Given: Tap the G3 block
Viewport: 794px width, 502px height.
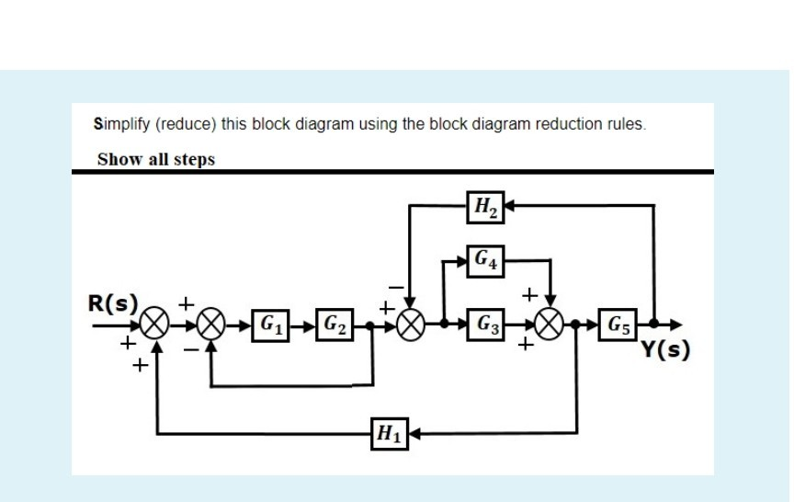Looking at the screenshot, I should pyautogui.click(x=485, y=325).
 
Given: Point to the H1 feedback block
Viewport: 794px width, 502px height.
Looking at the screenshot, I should pyautogui.click(x=387, y=432).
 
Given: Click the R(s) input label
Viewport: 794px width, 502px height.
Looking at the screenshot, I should pyautogui.click(x=113, y=303).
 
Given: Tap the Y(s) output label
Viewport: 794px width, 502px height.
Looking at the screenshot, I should pyautogui.click(x=666, y=350).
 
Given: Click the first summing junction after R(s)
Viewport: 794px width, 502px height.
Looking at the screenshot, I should pyautogui.click(x=157, y=325).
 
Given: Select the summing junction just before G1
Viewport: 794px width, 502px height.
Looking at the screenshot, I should pyautogui.click(x=213, y=325).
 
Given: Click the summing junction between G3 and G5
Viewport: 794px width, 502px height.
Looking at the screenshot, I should pyautogui.click(x=550, y=325).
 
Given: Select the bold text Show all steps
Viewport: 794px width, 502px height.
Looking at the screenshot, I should pyautogui.click(x=156, y=159).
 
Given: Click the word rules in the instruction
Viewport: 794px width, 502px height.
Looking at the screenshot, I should pyautogui.click(x=629, y=124).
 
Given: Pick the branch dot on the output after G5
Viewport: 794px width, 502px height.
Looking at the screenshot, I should pyautogui.click(x=653, y=325).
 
